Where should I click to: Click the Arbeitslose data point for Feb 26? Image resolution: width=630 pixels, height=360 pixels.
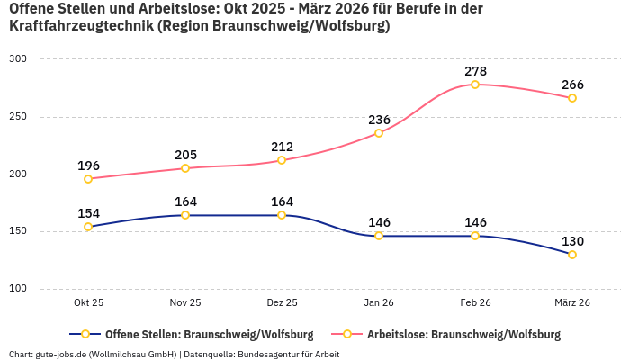pos(475,85)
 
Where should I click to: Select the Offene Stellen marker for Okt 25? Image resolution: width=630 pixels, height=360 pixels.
pos(88,227)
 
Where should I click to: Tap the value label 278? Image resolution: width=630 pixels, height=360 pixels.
pos(475,70)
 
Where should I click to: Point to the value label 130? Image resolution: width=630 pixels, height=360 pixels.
pos(572,240)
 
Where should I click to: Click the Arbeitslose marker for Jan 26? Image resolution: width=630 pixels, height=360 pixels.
pos(379,133)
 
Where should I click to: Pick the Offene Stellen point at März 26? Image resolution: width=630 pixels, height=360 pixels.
pos(572,255)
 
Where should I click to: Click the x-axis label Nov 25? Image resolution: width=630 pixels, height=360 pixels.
pos(185,302)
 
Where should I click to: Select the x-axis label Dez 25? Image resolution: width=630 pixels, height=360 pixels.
pos(282,302)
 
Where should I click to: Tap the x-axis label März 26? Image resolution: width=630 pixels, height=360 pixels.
pos(572,302)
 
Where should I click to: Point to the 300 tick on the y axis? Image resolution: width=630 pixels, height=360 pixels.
pos(18,59)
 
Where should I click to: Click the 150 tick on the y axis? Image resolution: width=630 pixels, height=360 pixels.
pos(18,231)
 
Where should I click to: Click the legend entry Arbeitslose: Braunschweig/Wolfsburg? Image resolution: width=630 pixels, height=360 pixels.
pos(463,334)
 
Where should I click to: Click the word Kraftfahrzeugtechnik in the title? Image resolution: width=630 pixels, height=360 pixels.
pos(80,26)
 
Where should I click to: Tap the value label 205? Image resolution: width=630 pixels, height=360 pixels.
pos(185,155)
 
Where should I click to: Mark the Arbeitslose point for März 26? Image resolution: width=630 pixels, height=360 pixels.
pos(572,98)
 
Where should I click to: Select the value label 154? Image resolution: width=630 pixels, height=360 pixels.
pos(88,212)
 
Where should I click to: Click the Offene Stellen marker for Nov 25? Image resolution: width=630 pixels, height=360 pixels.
pos(185,215)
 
